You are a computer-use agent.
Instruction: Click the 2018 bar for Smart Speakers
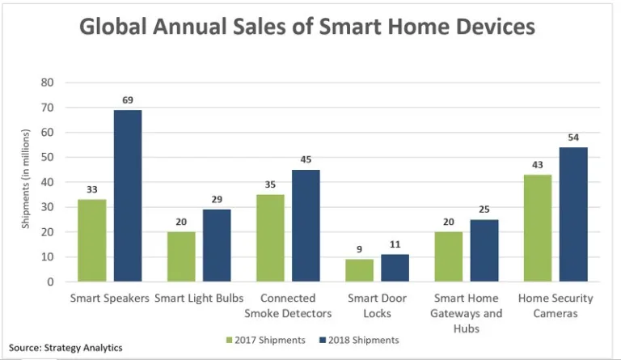pyautogui.click(x=128, y=196)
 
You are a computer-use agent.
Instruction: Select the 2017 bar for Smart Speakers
pyautogui.click(x=91, y=240)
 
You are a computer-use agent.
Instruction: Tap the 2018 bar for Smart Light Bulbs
pyautogui.click(x=217, y=245)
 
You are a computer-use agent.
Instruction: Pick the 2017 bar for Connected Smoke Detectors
pyautogui.click(x=270, y=238)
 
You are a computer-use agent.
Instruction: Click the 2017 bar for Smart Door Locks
pyautogui.click(x=358, y=270)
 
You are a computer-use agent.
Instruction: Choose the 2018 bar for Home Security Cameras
pyautogui.click(x=572, y=214)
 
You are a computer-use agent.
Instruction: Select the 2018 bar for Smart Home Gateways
pyautogui.click(x=484, y=251)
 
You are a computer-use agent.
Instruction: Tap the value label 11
pyautogui.click(x=395, y=244)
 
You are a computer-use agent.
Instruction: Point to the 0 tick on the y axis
pyautogui.click(x=50, y=282)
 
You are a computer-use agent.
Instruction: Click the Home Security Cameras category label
pyautogui.click(x=555, y=306)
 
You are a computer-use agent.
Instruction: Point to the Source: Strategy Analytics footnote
pyautogui.click(x=66, y=348)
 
